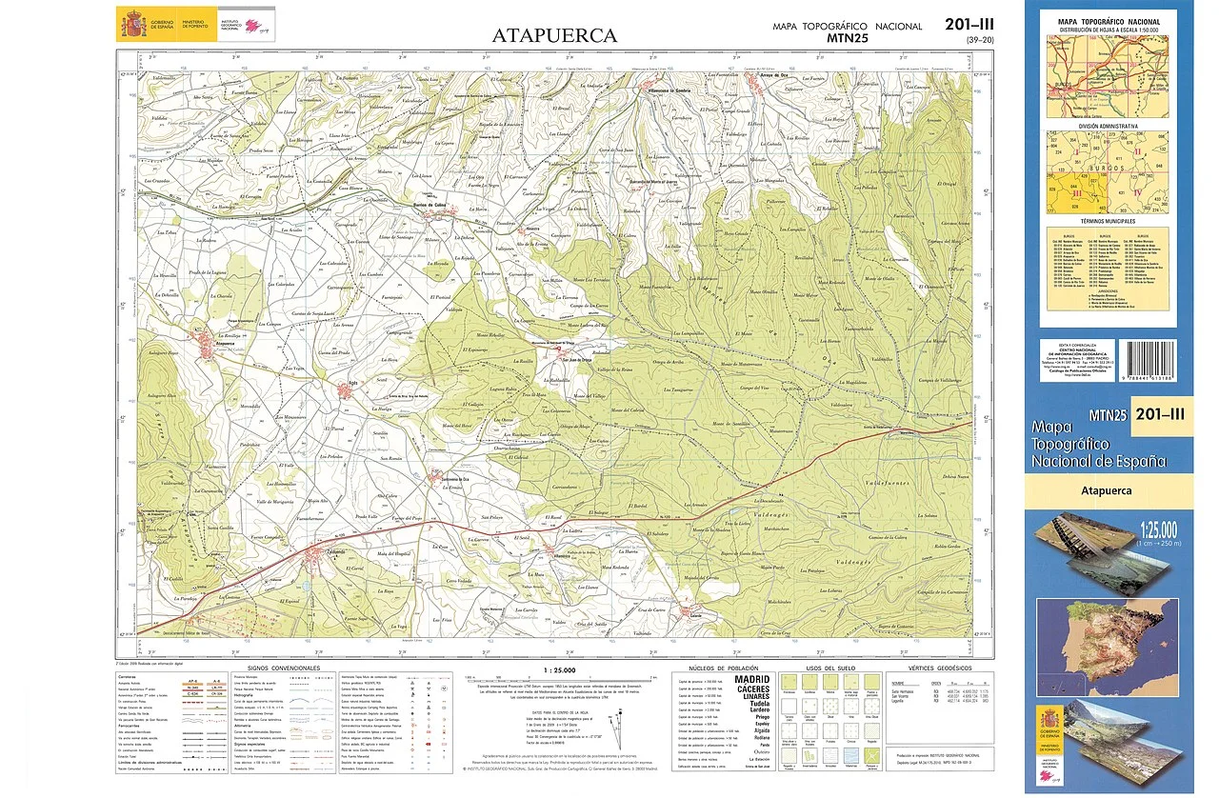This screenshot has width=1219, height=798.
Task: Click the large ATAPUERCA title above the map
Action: pos(554,36)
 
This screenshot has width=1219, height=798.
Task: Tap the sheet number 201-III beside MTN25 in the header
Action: pos(970,25)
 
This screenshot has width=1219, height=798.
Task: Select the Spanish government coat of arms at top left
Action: pos(131,23)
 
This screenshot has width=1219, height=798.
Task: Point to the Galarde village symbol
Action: pos(694,613)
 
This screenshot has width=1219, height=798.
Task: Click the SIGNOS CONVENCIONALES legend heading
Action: pos(283,668)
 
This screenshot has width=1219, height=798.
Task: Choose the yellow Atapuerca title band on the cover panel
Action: pos(1109,491)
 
